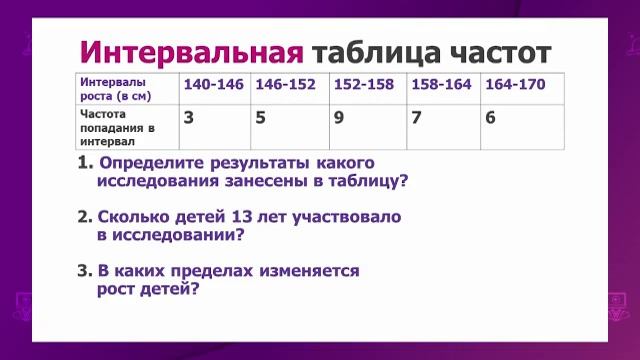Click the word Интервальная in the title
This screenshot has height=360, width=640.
[x=190, y=51]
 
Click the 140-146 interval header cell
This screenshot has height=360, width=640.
[x=213, y=84]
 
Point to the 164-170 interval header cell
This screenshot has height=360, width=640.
[x=515, y=84]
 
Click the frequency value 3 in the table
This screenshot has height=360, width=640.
[x=189, y=117]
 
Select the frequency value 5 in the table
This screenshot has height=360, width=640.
[x=261, y=117]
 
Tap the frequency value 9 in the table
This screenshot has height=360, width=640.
[x=340, y=117]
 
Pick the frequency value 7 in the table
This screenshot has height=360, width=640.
[x=418, y=117]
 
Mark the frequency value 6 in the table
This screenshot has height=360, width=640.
[x=490, y=117]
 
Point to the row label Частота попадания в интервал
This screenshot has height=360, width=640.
[x=116, y=128]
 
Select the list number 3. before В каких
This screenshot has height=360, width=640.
[x=84, y=271]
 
